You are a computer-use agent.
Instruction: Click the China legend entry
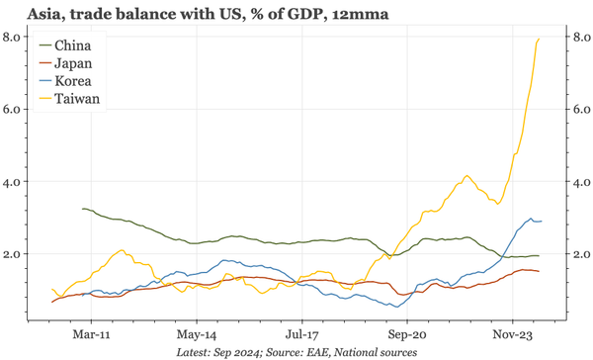coord(75,45)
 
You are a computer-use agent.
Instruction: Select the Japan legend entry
coord(75,63)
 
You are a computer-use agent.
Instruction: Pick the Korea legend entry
coord(75,81)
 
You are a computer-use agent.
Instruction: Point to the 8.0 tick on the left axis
coord(14,37)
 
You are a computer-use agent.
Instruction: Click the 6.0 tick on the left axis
coord(14,109)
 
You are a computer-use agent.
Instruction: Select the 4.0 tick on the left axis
coord(14,182)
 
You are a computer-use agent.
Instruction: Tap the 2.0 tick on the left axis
coord(14,254)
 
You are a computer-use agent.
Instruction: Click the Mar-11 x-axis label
coord(92,333)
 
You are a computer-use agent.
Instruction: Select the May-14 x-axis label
coord(197,333)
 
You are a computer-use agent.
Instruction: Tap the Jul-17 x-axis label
coord(302,333)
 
